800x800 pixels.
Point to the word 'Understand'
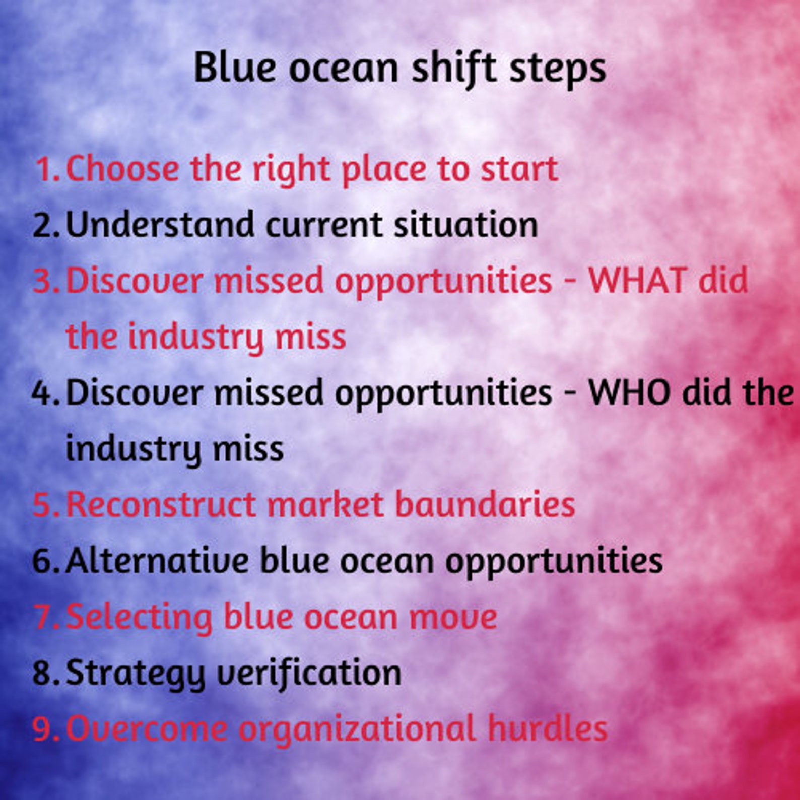[160, 225]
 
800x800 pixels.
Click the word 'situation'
[465, 225]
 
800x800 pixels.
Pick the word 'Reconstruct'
[161, 504]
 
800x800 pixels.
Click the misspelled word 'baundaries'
[485, 504]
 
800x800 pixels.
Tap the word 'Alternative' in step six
[157, 560]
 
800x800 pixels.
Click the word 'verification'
[309, 673]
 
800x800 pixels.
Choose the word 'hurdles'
[547, 728]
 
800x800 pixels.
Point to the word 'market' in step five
[325, 504]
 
